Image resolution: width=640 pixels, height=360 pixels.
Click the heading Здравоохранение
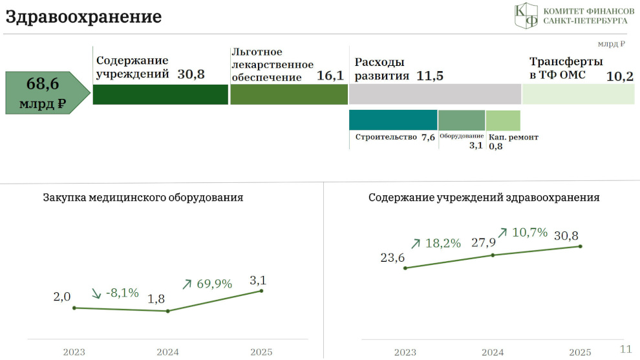(x=83, y=17)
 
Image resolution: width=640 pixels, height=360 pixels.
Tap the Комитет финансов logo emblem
(x=526, y=16)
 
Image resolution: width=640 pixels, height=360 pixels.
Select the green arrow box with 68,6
(x=47, y=92)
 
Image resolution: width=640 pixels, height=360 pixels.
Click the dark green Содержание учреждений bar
(x=160, y=95)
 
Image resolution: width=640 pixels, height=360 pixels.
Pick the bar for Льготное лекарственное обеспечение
(x=289, y=95)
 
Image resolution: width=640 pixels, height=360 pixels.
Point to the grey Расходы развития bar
(x=435, y=94)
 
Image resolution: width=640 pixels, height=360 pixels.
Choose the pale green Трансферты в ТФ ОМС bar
(x=579, y=94)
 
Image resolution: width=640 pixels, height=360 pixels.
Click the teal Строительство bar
(x=393, y=120)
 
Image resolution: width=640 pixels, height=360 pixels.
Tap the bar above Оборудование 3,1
(x=462, y=120)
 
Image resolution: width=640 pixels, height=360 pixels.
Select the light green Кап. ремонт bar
(x=503, y=120)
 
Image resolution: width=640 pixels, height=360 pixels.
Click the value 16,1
(x=330, y=76)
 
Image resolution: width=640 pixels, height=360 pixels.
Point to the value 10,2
(x=619, y=76)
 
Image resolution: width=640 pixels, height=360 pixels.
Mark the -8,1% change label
(x=122, y=293)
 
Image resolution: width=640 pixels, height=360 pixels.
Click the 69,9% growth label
(x=214, y=284)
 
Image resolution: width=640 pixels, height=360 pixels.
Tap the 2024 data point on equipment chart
(x=167, y=311)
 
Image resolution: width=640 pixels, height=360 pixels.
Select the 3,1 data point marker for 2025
(x=261, y=291)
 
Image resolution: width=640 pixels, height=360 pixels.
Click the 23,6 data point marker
(x=405, y=268)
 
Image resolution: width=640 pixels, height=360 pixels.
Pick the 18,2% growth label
(x=443, y=243)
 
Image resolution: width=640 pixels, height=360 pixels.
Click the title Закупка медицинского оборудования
(x=143, y=198)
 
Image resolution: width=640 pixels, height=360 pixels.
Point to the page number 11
(x=626, y=349)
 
